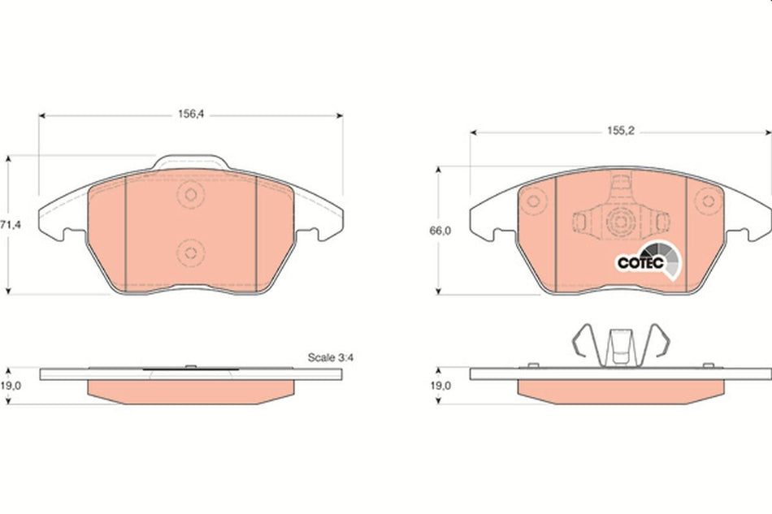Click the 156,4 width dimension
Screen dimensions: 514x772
[x=189, y=115]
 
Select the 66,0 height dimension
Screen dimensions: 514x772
[x=440, y=231]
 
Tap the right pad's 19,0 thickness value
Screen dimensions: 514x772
[x=440, y=387]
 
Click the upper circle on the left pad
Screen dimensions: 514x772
[x=190, y=195]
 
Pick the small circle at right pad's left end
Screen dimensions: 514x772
[x=534, y=201]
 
